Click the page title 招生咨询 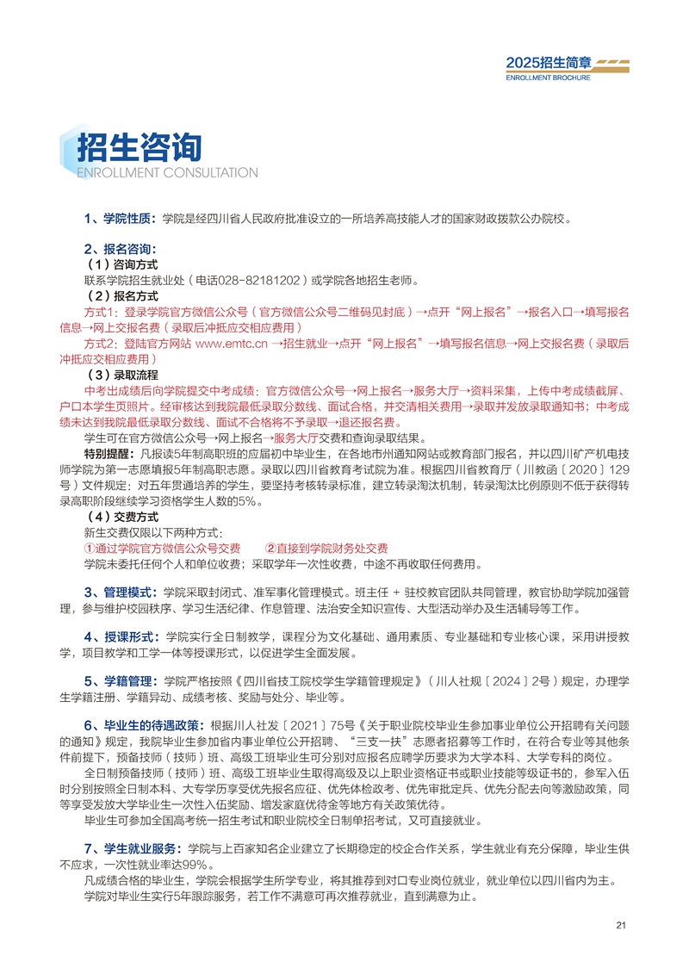[140, 149]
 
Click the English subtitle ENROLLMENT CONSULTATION [155, 172]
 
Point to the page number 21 [623, 926]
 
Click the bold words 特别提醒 [109, 454]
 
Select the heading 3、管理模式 [117, 593]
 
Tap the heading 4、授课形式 [117, 637]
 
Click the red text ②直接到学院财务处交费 [326, 549]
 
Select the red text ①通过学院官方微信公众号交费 [162, 549]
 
